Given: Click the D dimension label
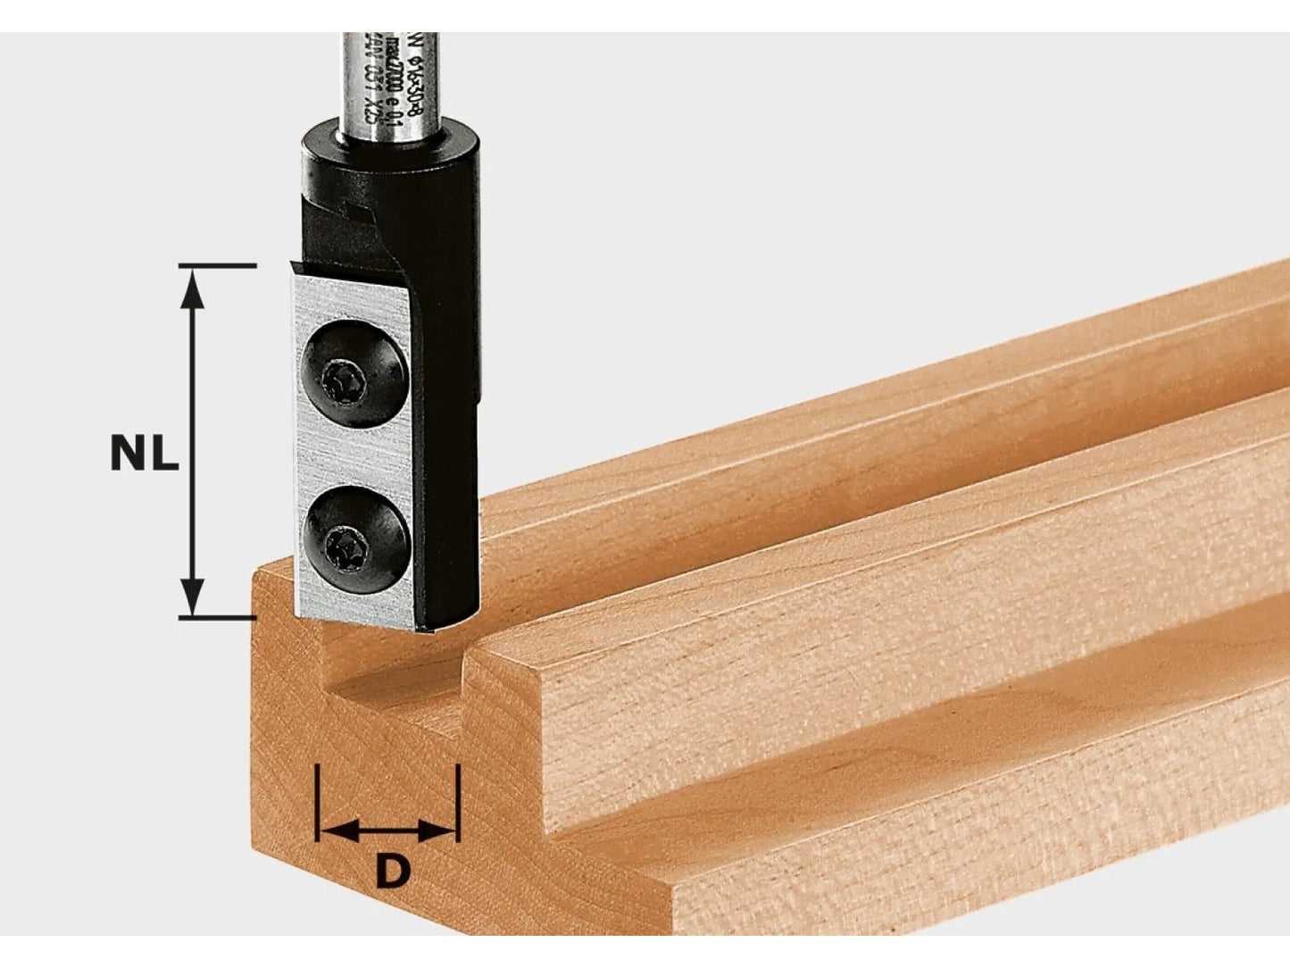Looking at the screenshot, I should (391, 872).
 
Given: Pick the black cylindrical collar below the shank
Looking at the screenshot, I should (388, 161).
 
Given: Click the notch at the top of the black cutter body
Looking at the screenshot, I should (357, 214).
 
